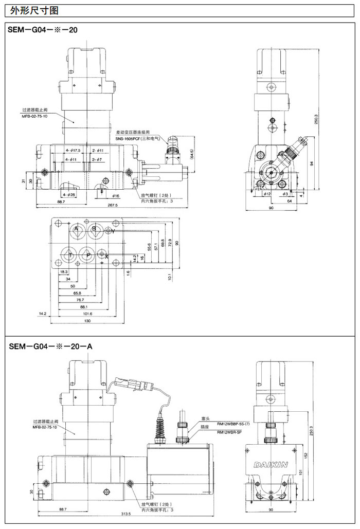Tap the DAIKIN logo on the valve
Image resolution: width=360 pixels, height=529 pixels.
(x=271, y=465)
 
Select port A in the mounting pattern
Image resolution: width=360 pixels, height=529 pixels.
(x=76, y=229)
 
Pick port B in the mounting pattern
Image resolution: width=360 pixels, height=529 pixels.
(x=94, y=229)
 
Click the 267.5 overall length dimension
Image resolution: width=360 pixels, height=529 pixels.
(x=113, y=205)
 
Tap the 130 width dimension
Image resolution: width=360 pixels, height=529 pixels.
(x=87, y=321)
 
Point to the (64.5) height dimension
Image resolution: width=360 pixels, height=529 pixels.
(x=191, y=154)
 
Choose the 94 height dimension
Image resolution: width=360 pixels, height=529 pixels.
(x=311, y=163)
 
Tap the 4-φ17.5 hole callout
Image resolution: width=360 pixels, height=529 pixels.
(x=74, y=150)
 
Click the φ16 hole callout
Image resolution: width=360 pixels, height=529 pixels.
(x=116, y=196)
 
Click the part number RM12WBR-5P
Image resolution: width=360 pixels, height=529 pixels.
(x=229, y=432)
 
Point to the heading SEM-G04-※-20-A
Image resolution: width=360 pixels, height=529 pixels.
(x=50, y=346)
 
